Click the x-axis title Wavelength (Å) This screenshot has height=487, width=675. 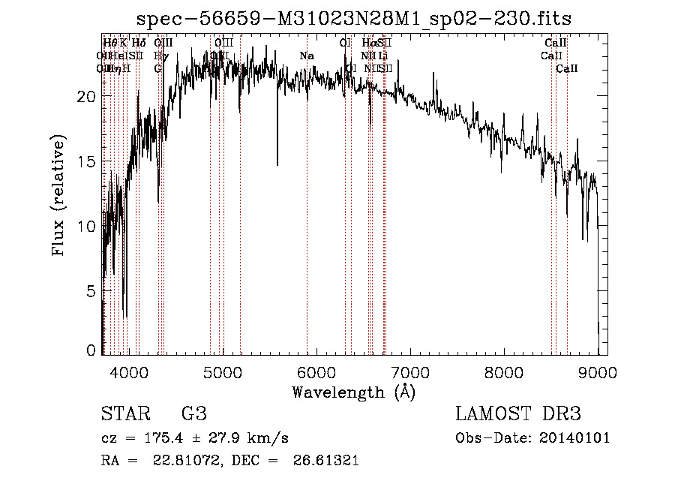[x=353, y=392]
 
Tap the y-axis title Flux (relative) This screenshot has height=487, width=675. [x=59, y=196]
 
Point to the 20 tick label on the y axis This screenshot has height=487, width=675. [x=87, y=97]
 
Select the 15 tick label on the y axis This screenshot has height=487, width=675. [x=87, y=161]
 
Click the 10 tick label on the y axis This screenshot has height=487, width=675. [x=87, y=226]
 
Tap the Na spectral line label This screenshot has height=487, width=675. [x=306, y=56]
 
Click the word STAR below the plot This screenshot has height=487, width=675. [x=125, y=414]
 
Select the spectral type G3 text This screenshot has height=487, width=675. [x=193, y=414]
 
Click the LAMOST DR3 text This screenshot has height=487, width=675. [x=518, y=414]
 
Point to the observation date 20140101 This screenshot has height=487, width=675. [x=574, y=438]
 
